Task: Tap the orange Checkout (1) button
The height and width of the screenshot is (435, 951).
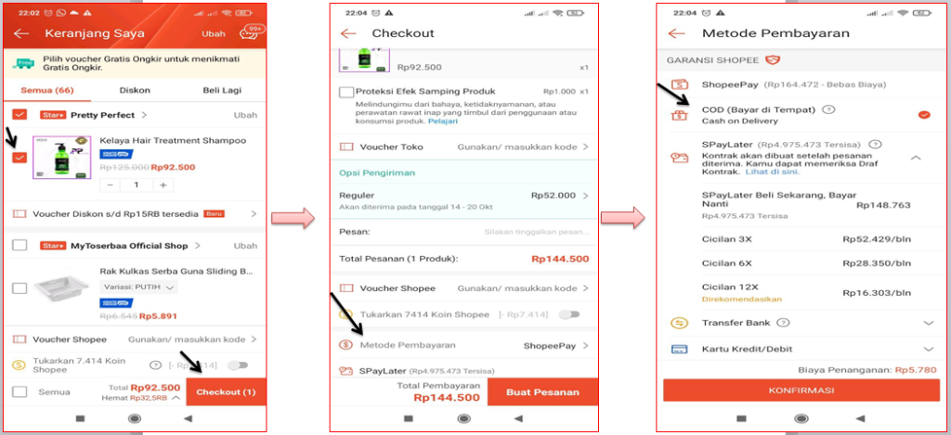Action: point(226,391)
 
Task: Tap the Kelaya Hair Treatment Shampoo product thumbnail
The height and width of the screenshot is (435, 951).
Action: point(61,158)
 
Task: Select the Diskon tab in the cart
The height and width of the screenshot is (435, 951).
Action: point(135,90)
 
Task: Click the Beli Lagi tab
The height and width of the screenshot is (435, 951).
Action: point(221,90)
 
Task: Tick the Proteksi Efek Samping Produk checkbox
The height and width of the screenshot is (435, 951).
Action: point(346,92)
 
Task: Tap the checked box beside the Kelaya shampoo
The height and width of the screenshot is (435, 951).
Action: point(20,158)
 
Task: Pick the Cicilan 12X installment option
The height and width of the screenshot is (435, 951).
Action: point(729,288)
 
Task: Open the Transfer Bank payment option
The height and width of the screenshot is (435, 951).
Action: point(736,322)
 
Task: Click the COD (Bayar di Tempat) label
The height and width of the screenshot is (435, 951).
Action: point(758,109)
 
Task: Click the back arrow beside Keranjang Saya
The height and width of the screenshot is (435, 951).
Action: point(21,34)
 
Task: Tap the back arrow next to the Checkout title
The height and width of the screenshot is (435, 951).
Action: point(348,33)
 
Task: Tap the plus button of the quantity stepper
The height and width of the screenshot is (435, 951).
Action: point(158,185)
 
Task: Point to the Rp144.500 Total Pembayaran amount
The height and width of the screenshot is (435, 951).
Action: point(446,397)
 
